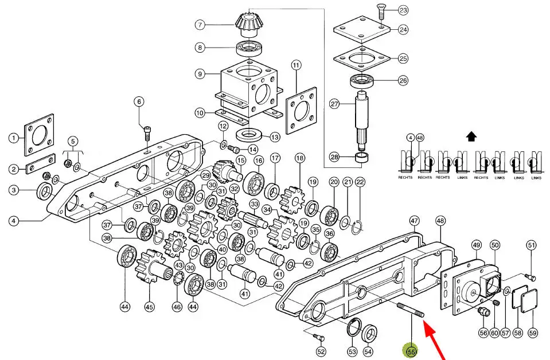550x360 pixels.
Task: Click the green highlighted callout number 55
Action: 411,351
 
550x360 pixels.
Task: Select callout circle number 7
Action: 200,25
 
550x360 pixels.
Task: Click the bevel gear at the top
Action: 248,23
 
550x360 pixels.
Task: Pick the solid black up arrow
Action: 471,136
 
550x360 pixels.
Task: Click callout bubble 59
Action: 533,333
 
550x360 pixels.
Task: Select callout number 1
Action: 13,138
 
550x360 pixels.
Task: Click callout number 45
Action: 149,307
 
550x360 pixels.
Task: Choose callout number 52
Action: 321,351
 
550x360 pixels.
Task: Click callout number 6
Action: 138,102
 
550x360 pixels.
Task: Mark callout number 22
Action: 360,182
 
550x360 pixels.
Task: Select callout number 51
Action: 531,246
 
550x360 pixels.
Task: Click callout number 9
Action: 200,73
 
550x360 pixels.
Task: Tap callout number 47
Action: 414,220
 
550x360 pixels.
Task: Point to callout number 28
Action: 334,157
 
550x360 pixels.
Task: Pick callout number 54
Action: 368,351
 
